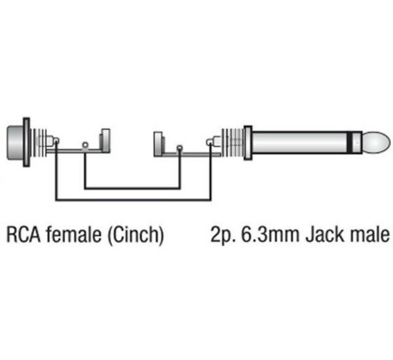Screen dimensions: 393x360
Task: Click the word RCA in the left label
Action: tap(24, 235)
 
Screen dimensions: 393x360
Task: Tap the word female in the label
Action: tap(73, 234)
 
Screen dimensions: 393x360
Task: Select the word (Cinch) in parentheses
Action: tap(136, 235)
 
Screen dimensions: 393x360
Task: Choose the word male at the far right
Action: tap(370, 234)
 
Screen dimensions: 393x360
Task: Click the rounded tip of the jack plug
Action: tap(377, 142)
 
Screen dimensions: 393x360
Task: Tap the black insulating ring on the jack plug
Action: tap(350, 142)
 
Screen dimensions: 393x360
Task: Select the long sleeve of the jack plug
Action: tap(299, 142)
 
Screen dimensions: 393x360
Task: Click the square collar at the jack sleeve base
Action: tap(248, 142)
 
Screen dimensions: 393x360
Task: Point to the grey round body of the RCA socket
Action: tap(15, 143)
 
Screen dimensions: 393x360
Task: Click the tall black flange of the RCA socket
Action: tap(27, 142)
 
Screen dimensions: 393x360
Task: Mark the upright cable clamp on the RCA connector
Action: tap(105, 140)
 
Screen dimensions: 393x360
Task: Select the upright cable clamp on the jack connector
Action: tap(159, 144)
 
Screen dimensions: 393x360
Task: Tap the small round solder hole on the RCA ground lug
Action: tap(85, 145)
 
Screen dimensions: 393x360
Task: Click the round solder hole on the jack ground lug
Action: tap(179, 148)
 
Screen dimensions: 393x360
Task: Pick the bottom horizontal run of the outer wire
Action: tap(134, 200)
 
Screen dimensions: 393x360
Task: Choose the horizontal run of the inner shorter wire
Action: tap(132, 188)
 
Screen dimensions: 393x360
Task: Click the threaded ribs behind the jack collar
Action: tap(233, 142)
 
